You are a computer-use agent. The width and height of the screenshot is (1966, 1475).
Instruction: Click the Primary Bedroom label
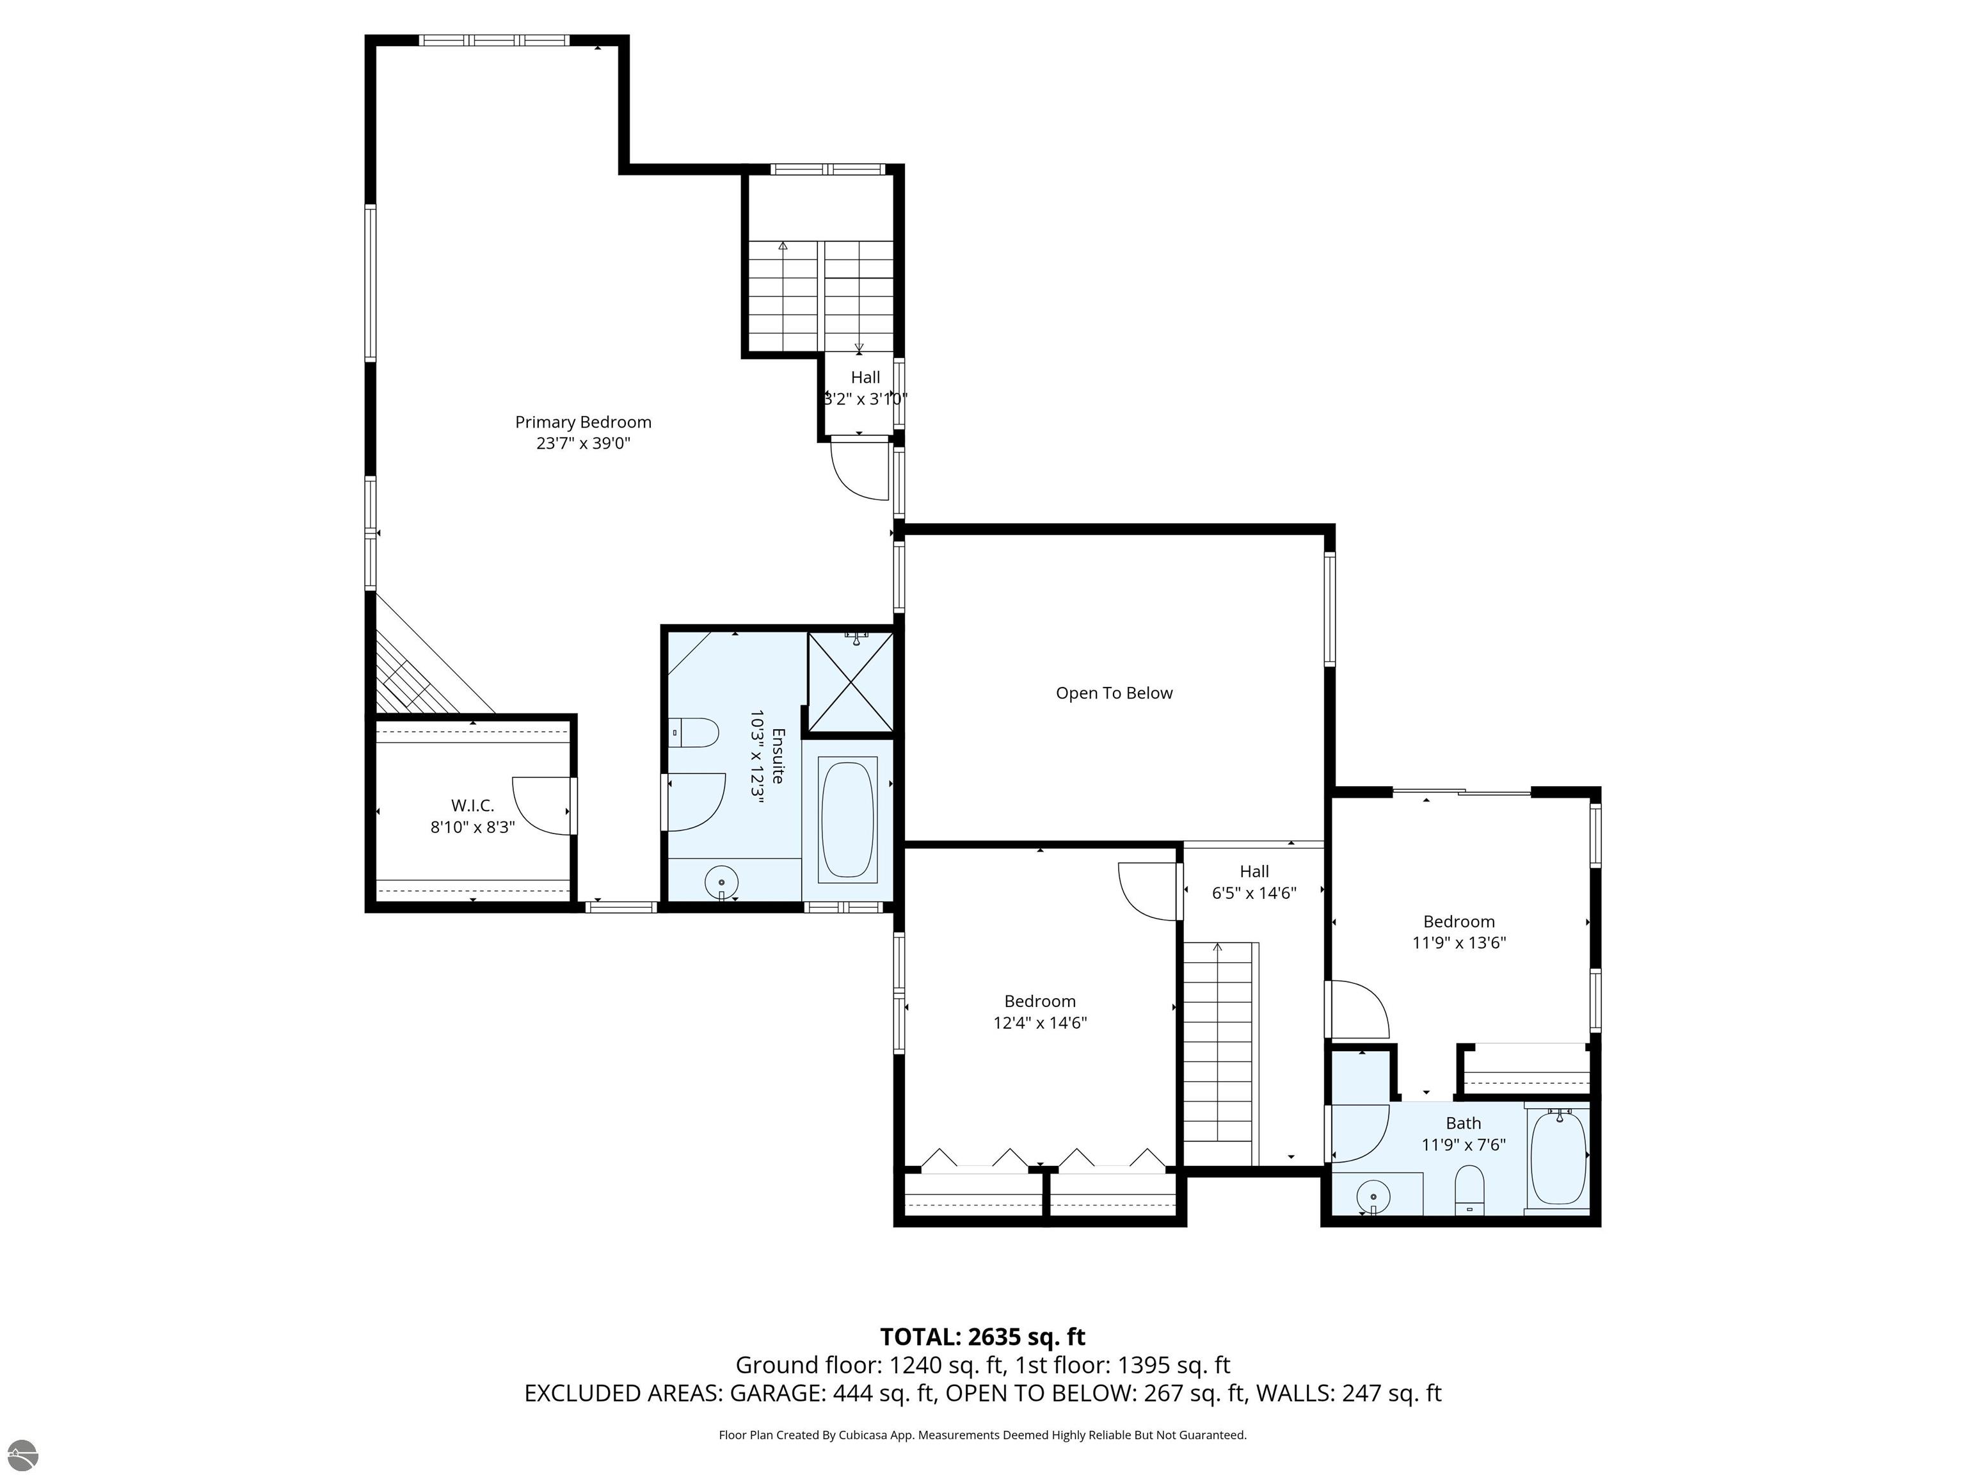click(x=583, y=423)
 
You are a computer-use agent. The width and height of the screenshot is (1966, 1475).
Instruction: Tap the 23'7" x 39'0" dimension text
click(x=583, y=444)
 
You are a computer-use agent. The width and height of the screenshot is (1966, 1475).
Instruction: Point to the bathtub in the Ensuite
click(x=848, y=819)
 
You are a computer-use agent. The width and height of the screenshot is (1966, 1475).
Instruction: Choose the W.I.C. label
click(x=472, y=805)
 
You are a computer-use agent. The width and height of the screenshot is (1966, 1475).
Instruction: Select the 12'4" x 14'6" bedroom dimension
click(x=1040, y=1023)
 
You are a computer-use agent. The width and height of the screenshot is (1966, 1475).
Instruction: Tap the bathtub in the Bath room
click(x=1558, y=1157)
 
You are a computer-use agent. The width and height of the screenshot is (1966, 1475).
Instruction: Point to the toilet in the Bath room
click(x=1469, y=1189)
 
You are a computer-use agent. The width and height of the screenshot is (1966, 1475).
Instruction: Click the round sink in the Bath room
click(x=1374, y=1196)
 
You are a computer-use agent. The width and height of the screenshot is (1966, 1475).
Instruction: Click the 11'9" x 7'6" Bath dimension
click(x=1463, y=1145)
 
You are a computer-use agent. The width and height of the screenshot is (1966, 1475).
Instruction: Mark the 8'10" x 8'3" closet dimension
click(x=472, y=828)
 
